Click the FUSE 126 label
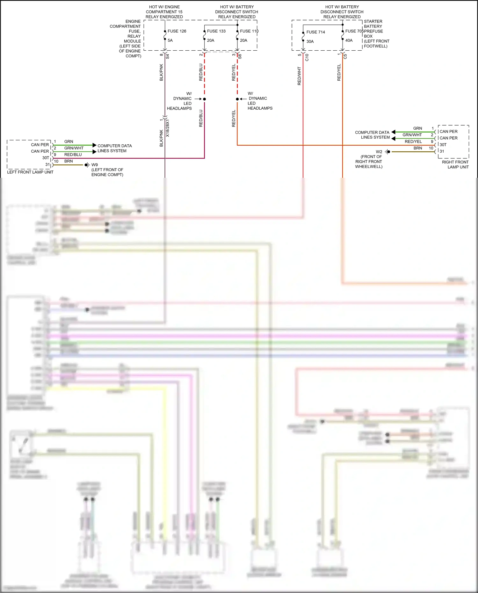(x=177, y=31)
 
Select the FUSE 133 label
(x=216, y=31)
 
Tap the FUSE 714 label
(x=315, y=32)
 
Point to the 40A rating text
(x=349, y=40)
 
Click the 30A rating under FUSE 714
(x=310, y=41)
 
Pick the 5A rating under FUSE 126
(x=170, y=40)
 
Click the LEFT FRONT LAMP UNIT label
(x=30, y=172)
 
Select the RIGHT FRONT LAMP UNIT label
(x=455, y=164)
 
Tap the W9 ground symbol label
(x=95, y=165)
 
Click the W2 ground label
(x=379, y=152)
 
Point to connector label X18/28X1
(x=168, y=128)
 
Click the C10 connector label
(x=307, y=57)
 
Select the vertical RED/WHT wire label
(x=299, y=76)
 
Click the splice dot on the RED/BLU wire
(x=205, y=99)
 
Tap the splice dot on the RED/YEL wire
(x=237, y=99)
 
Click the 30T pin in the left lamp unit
(x=46, y=158)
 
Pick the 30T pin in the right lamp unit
(x=443, y=145)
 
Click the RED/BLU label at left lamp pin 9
(x=73, y=155)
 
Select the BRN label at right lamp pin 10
(x=417, y=148)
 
